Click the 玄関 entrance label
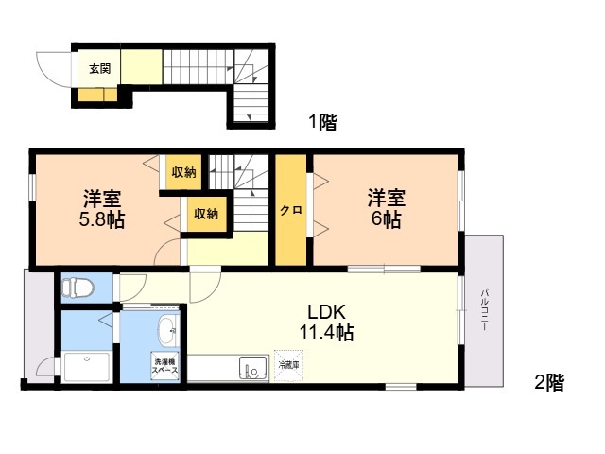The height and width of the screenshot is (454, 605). click(x=100, y=69)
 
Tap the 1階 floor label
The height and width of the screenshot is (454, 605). click(x=322, y=123)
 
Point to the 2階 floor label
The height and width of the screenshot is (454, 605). click(x=549, y=382)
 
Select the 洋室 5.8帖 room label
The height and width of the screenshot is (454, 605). click(x=102, y=209)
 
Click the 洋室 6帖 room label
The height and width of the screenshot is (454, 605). click(x=387, y=209)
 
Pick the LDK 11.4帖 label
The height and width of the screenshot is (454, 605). click(x=326, y=322)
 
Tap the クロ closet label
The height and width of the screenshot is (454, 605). click(x=291, y=211)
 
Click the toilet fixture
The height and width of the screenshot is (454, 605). click(x=78, y=288)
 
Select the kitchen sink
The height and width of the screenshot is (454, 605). click(x=253, y=367)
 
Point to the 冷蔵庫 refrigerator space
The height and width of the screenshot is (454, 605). click(x=288, y=366)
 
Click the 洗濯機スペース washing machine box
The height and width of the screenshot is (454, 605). click(x=164, y=366)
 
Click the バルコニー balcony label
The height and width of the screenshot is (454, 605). click(x=483, y=310)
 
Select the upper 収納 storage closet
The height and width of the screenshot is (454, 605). click(x=183, y=172)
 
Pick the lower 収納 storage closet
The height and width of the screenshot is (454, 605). click(x=206, y=214)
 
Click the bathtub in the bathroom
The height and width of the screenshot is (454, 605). click(x=87, y=367)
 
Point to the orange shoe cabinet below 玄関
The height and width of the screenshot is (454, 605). click(x=97, y=95)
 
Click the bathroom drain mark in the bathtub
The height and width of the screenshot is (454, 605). click(x=87, y=358)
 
